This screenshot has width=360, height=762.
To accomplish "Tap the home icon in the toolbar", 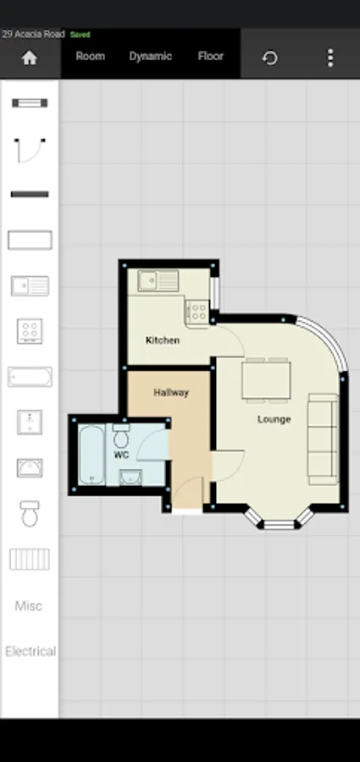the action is point(29,58).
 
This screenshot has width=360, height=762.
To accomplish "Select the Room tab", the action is point(91,57).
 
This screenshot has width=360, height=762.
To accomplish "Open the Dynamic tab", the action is point(150,57).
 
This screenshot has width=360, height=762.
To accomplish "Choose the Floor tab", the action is point(211,57).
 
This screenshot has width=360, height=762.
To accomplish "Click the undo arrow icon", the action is point(269,58).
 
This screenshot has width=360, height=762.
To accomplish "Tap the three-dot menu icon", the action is point(330,58).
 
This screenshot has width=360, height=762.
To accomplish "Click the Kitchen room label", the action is point(163,340).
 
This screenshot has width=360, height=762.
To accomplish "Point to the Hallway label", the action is point(171,392).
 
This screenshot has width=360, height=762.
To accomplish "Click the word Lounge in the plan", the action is point(274,419).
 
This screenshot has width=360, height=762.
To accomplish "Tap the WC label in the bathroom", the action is point(120,455).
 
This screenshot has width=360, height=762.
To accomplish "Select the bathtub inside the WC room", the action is point(92,455).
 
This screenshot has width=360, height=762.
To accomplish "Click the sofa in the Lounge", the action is point(323,439).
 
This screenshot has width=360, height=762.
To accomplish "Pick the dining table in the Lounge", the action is point(266,380).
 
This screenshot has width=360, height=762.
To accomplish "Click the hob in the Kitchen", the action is point(197,311).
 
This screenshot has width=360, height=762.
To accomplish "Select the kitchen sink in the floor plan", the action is point(158,281).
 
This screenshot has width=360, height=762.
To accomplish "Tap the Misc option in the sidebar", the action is point(29,606).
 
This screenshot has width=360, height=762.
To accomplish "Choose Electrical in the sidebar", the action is point(30,651).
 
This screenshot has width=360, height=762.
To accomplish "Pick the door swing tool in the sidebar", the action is point(30,150).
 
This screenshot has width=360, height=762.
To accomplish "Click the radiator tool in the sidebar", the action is point(30,559).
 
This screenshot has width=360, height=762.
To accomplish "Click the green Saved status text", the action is point(80,35).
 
